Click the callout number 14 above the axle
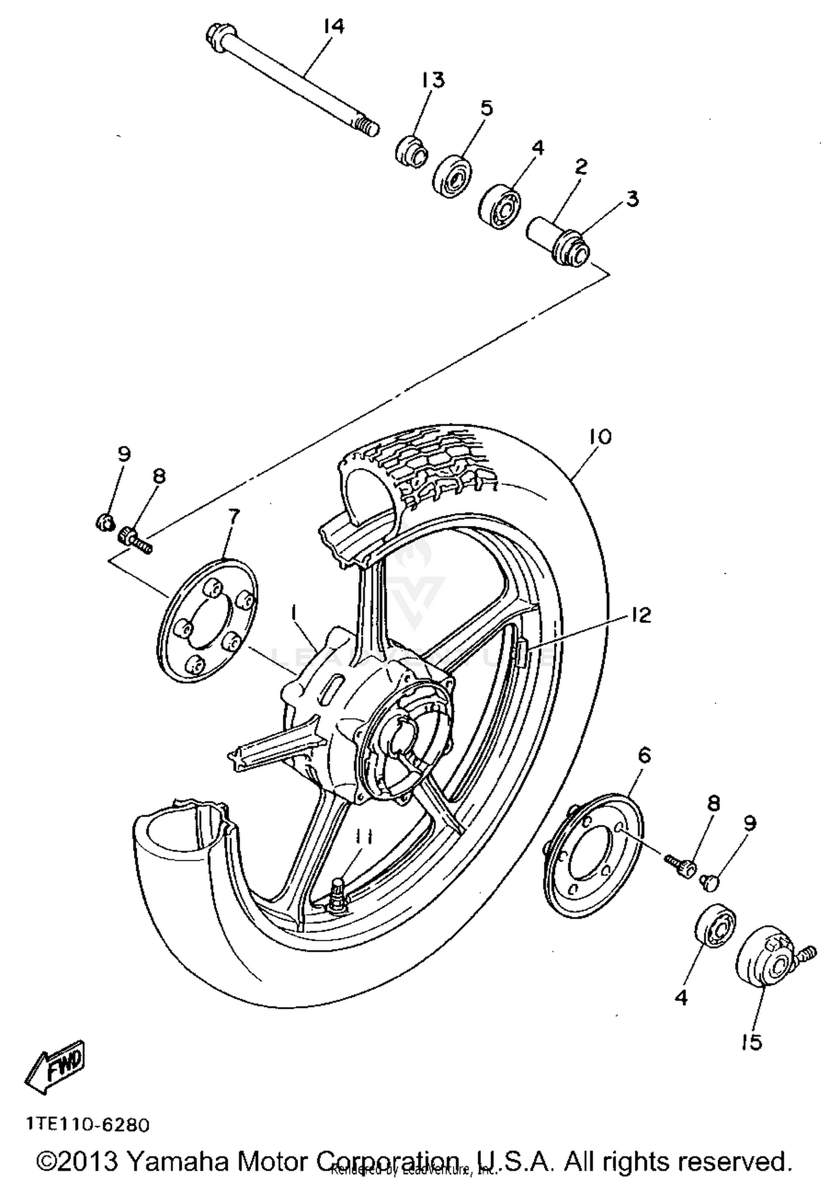coord(334,25)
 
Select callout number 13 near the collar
coord(433,80)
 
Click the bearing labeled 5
coord(453,176)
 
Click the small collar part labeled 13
coord(412,149)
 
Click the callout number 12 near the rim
coord(641,615)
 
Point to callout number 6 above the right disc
coord(645,756)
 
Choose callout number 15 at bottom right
coord(751,1042)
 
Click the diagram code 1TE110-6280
coord(87,1124)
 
